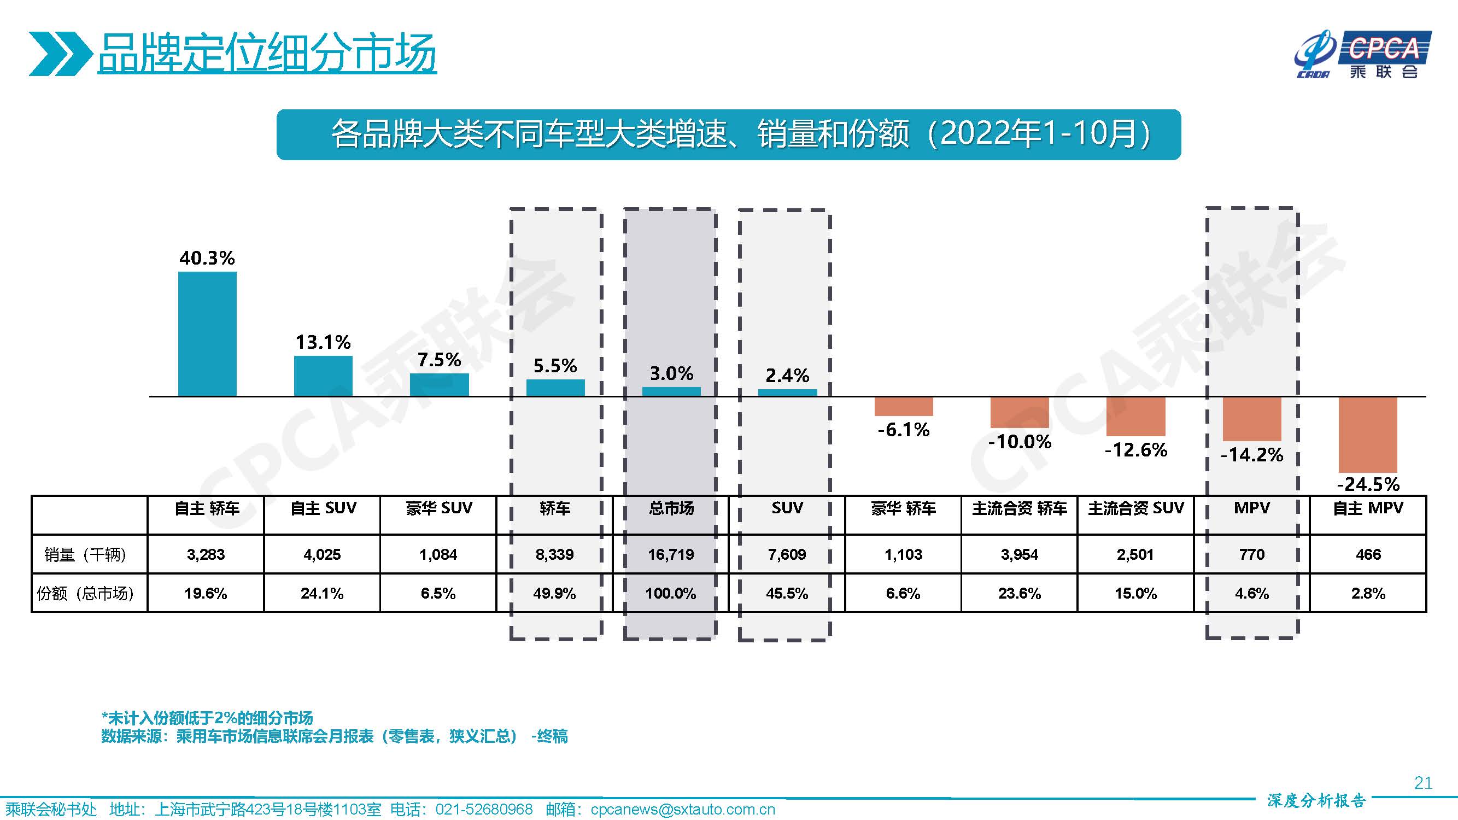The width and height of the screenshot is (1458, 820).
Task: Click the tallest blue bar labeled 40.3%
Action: coord(207,334)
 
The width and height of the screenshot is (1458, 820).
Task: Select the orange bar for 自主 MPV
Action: coord(1367,435)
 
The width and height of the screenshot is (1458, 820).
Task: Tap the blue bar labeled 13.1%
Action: coord(323,376)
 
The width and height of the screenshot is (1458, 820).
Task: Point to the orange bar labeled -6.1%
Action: coord(903,406)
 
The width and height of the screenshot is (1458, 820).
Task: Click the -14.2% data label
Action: coord(1251,455)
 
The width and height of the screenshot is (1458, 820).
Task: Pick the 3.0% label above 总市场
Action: coord(671,373)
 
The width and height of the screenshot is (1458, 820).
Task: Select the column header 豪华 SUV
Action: coord(438,508)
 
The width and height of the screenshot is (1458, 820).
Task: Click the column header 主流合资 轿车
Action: coord(1020,508)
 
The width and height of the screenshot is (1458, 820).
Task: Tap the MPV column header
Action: coord(1251,508)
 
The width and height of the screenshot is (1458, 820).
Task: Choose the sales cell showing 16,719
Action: coord(671,554)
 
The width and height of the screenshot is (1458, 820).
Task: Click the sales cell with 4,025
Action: coord(322,554)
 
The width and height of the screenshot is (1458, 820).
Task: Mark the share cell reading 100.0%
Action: coord(671,594)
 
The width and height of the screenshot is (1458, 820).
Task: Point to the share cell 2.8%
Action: coord(1368,594)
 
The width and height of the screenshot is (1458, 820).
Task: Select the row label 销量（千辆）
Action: coord(85,554)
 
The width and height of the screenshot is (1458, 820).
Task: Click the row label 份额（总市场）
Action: coord(85,594)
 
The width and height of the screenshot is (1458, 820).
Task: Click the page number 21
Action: coord(1423,783)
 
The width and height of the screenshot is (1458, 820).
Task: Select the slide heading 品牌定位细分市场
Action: coord(267,53)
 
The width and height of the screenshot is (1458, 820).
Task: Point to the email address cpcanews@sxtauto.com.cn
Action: coord(683,810)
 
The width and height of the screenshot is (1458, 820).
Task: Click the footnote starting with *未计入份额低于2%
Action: coord(207,718)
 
